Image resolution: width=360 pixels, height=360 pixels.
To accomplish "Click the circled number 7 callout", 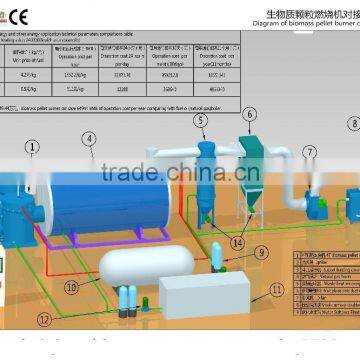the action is pyautogui.click(x=310, y=151).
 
